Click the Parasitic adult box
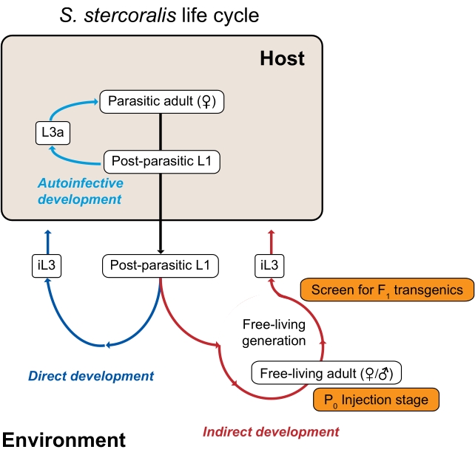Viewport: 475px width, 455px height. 162,102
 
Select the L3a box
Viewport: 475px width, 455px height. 53,133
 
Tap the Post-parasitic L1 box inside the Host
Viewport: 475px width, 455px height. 162,162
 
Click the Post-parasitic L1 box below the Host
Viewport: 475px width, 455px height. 161,266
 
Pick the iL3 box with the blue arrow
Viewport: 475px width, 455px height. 47,266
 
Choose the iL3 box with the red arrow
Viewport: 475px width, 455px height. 269,266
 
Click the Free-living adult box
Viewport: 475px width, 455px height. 326,373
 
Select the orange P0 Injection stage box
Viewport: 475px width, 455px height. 376,400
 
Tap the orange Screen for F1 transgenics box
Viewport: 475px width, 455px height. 387,290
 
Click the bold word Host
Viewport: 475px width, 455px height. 283,58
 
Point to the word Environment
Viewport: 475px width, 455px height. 64,439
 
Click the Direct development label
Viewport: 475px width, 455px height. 91,376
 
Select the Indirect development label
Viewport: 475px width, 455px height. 271,431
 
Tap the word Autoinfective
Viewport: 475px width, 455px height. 81,183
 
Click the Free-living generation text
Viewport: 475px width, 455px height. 274,332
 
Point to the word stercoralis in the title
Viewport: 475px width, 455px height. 130,15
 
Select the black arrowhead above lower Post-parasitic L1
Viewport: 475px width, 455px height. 161,251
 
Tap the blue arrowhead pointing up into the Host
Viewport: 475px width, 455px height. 48,233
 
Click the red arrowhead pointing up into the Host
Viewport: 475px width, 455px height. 272,233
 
